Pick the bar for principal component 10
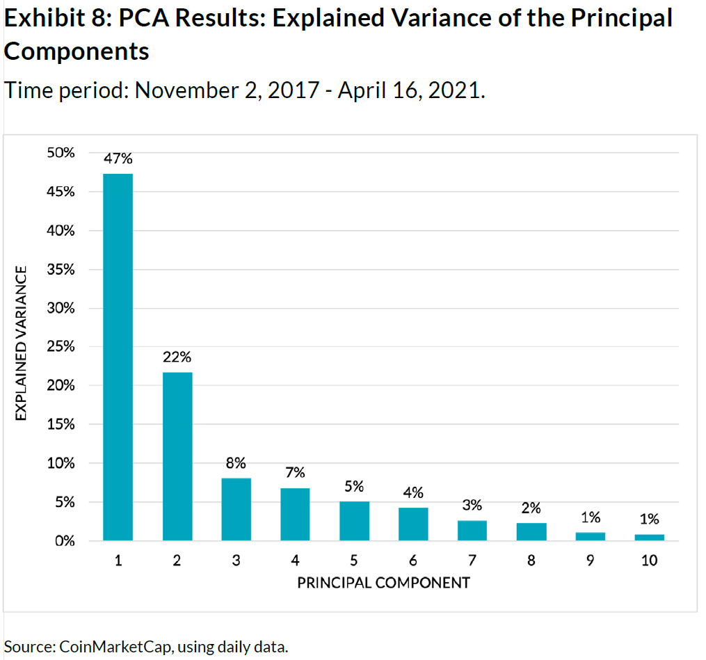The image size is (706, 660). (x=649, y=537)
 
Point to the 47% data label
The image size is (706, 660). (x=118, y=159)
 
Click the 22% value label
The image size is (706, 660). (x=177, y=357)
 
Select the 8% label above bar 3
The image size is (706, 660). (x=236, y=462)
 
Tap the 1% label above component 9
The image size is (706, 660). (x=590, y=517)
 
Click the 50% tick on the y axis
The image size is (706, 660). (x=61, y=152)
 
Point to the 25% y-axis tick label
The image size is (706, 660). (x=61, y=346)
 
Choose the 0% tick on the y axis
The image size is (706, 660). (x=65, y=540)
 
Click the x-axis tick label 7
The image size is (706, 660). (x=472, y=561)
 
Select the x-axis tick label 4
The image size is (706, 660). (x=295, y=561)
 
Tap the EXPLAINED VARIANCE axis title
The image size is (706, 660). (x=22, y=343)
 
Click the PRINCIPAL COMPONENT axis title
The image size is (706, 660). (x=383, y=583)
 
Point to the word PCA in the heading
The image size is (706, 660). (x=142, y=18)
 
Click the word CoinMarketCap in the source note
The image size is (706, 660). (x=116, y=646)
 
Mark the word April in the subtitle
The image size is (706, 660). (x=362, y=90)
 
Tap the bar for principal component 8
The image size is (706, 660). (x=531, y=531)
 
